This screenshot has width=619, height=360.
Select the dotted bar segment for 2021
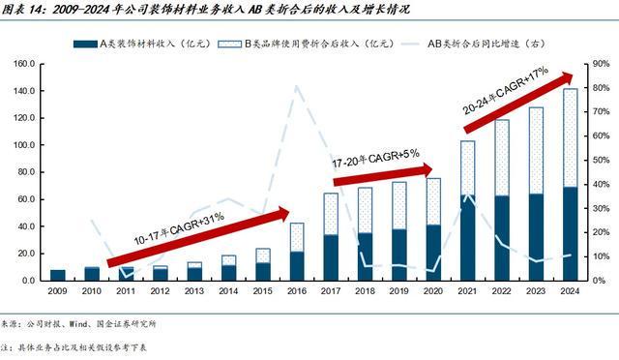[468, 167]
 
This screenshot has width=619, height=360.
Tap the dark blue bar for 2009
[58, 275]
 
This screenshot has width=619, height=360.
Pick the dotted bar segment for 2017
[331, 214]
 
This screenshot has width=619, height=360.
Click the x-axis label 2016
[297, 291]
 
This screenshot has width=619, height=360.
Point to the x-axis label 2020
[433, 291]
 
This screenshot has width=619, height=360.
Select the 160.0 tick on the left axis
[22, 64]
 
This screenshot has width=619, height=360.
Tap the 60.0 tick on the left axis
[24, 199]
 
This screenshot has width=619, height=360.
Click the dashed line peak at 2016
[296, 87]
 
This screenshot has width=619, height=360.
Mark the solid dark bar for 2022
[502, 238]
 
